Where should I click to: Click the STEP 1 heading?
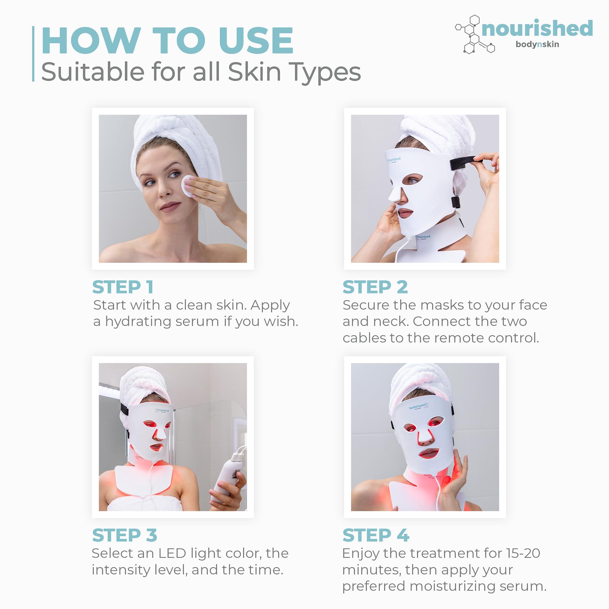tap(123, 287)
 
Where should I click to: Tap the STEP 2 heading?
tap(375, 287)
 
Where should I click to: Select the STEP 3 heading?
tap(125, 535)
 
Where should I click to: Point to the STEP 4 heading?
tap(376, 535)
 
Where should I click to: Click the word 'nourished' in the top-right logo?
tap(537, 29)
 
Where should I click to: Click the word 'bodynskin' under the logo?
tap(537, 44)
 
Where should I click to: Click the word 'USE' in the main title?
tap(256, 41)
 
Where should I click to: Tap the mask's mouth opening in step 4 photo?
tap(429, 454)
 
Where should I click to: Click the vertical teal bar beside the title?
tap(33, 54)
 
